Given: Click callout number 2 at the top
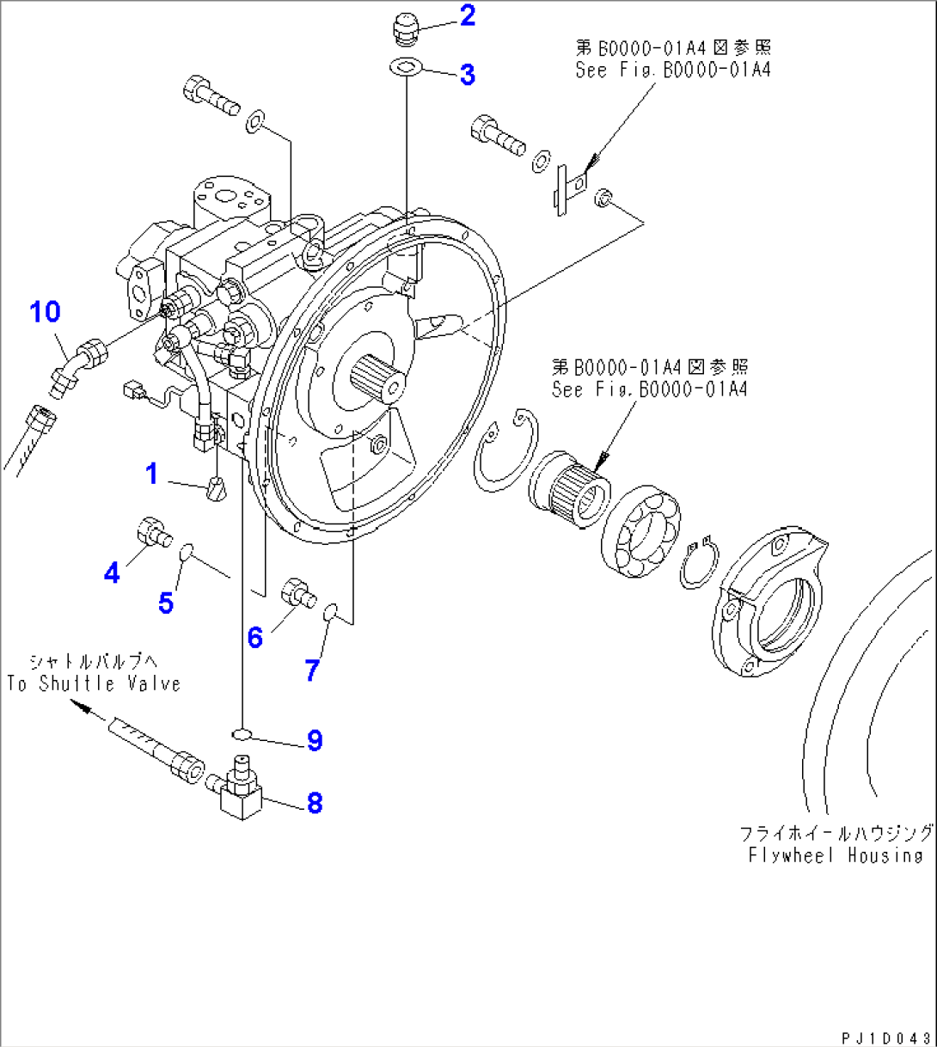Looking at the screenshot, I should click(467, 15).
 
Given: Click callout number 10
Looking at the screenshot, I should click(46, 311).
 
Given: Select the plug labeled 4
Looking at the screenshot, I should click(153, 532).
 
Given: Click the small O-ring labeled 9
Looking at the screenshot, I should click(242, 733).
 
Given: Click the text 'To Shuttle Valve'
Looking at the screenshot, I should click(95, 684).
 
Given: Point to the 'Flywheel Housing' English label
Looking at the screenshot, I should click(835, 855).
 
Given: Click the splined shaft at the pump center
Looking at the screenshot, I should click(377, 377).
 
